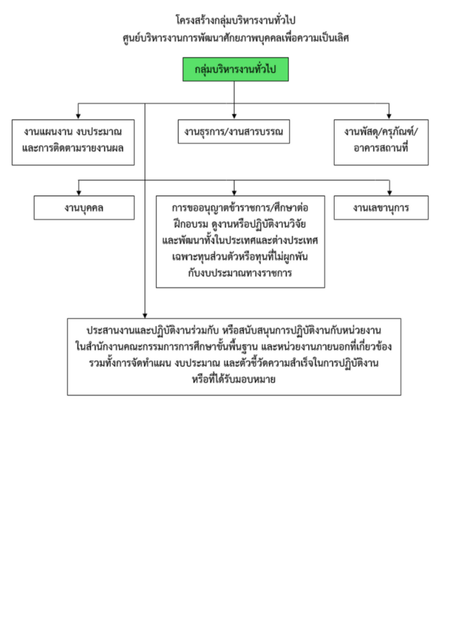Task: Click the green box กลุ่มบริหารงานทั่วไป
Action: coord(235,69)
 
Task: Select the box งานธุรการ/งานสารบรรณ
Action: coord(233,131)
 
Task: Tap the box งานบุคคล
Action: coord(84,208)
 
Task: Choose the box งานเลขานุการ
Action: coord(381,208)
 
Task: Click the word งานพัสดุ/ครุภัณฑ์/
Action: coord(381,132)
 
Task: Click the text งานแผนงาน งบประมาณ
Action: coord(73,132)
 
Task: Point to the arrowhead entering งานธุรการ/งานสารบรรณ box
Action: coord(234,116)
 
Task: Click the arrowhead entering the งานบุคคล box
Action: coord(78,192)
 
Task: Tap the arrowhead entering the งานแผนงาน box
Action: coord(78,116)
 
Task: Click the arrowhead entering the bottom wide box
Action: coord(145,315)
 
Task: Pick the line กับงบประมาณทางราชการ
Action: coord(240,274)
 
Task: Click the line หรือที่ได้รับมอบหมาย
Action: coord(235,379)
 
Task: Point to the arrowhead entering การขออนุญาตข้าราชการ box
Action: coord(234,192)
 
